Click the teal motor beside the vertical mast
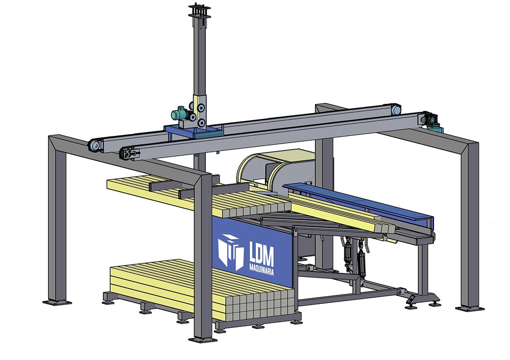(179, 114)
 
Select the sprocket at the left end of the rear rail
(95, 146)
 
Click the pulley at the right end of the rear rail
(396, 110)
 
